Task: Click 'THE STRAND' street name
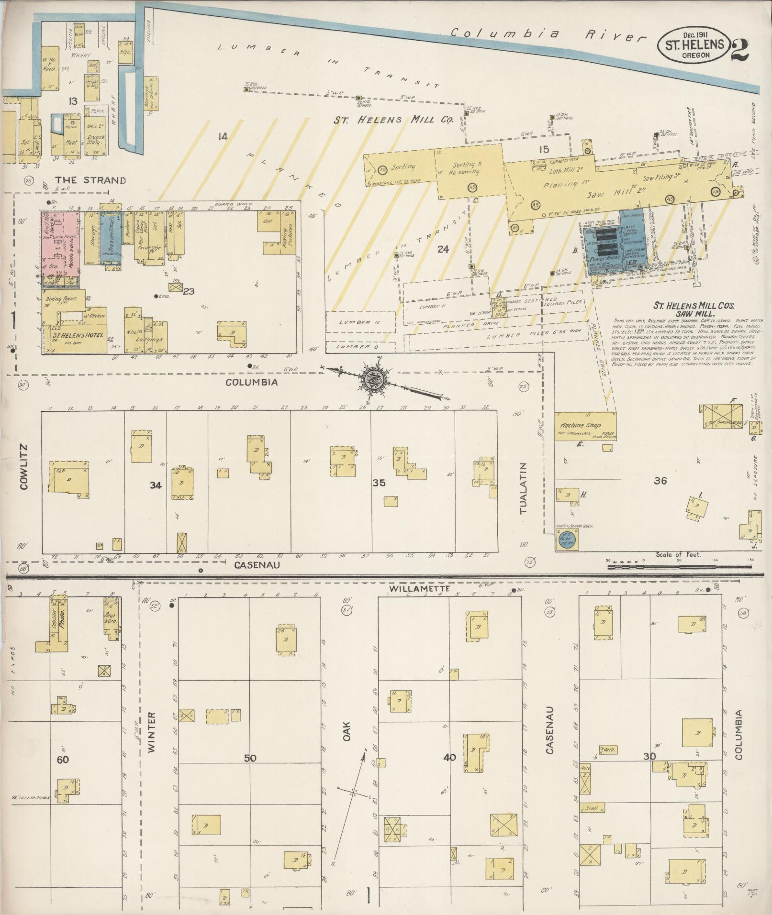pyautogui.click(x=90, y=180)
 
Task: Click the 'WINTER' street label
pyautogui.click(x=152, y=739)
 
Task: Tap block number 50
pyautogui.click(x=250, y=758)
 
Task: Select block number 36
pyautogui.click(x=660, y=481)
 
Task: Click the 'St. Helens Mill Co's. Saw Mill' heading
pyautogui.click(x=686, y=309)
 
